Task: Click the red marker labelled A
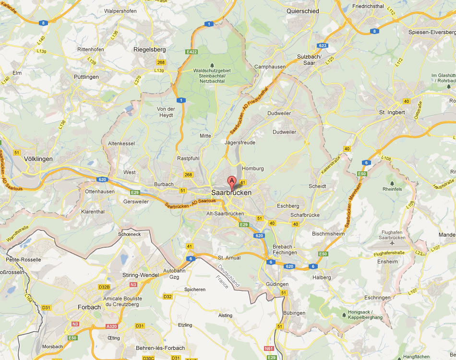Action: pos(232,181)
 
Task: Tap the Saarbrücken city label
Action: pos(231,192)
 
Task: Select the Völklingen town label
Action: pos(38,158)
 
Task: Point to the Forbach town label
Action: pos(89,307)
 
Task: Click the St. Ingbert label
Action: pos(392,112)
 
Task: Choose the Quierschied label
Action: pos(302,11)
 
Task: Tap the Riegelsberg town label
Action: pos(149,49)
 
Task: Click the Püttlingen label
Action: pos(86,77)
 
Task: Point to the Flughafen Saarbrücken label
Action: pos(392,235)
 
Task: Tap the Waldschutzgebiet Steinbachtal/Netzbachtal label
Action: pos(212,76)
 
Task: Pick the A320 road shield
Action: pos(111,326)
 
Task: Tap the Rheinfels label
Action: pos(392,189)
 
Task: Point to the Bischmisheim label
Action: pos(328,234)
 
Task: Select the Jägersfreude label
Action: pos(240,143)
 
